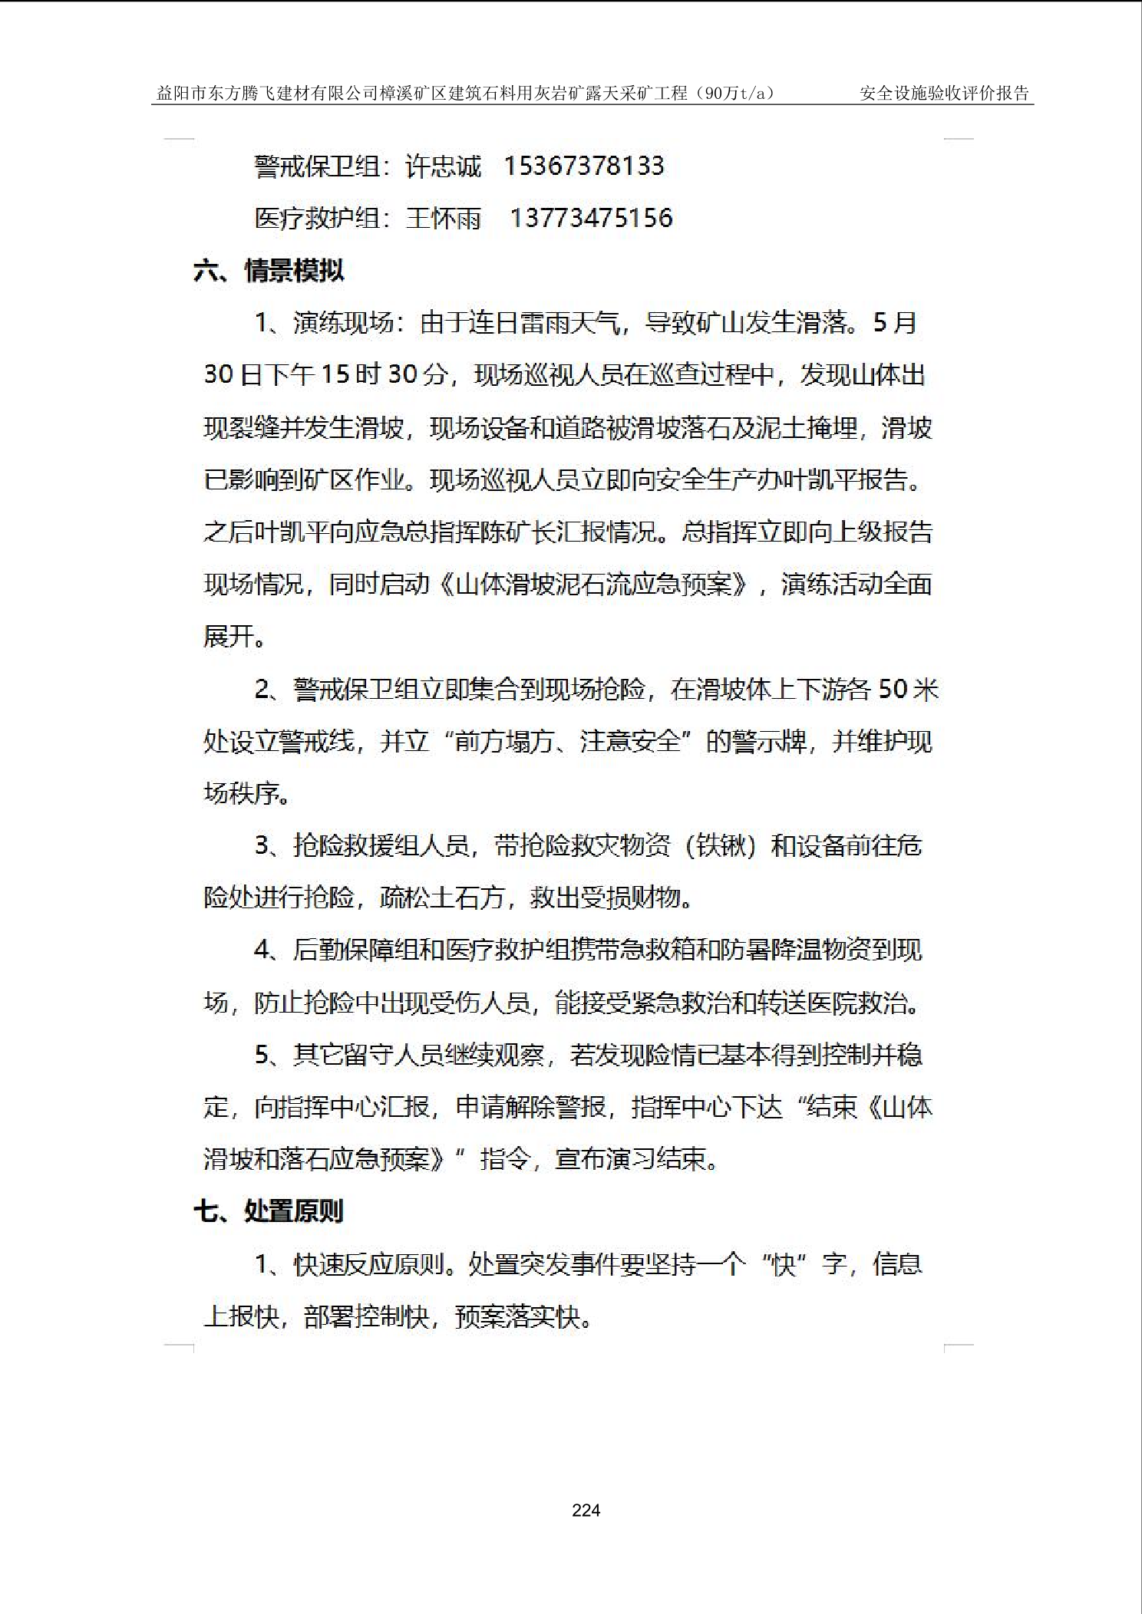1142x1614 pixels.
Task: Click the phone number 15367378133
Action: point(583,166)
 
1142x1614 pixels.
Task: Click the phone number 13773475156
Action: point(591,218)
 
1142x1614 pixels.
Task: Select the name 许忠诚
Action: point(443,166)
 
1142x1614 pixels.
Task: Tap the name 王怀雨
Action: point(443,218)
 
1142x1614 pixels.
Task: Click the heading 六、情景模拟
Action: point(269,270)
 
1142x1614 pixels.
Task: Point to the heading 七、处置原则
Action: point(269,1210)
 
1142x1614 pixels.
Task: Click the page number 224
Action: point(586,1510)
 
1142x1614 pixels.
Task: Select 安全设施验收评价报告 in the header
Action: point(944,94)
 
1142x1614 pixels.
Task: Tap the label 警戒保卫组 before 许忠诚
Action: point(317,166)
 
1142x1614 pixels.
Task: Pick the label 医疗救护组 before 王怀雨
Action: point(317,218)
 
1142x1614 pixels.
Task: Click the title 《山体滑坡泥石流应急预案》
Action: point(595,585)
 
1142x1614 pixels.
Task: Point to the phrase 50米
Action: point(908,689)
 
